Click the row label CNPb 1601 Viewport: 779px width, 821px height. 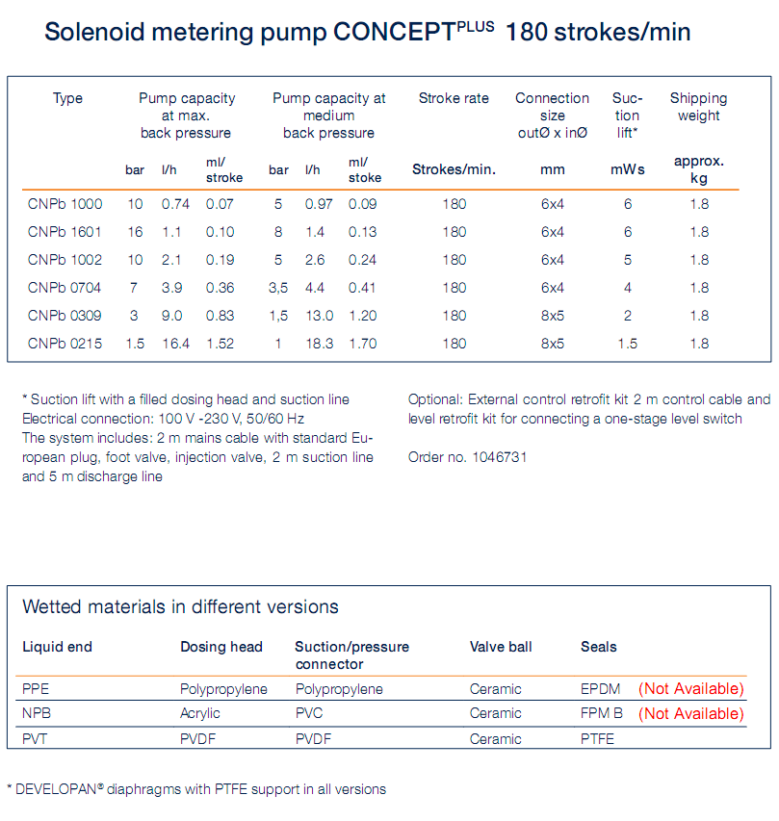65,232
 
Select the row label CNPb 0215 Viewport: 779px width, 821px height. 65,344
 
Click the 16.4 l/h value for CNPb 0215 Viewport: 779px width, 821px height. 176,344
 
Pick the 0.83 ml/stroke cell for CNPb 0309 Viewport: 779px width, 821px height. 220,316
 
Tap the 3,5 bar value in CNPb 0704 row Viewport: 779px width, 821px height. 278,288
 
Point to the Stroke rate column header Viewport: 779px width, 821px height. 454,98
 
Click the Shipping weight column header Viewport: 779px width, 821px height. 698,107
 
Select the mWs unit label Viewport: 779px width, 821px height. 628,169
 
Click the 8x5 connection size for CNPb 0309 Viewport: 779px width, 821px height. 553,316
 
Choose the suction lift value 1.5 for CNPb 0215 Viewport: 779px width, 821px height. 628,344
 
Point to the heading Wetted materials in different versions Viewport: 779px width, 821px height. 180,607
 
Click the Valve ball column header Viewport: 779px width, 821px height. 501,647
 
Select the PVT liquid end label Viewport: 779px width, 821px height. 36,739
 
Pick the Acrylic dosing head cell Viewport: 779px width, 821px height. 200,713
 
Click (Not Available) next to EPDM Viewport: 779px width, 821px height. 690,689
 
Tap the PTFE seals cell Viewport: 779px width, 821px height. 597,739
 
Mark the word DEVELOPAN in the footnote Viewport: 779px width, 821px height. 55,789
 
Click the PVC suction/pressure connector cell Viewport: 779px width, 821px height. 308,713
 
